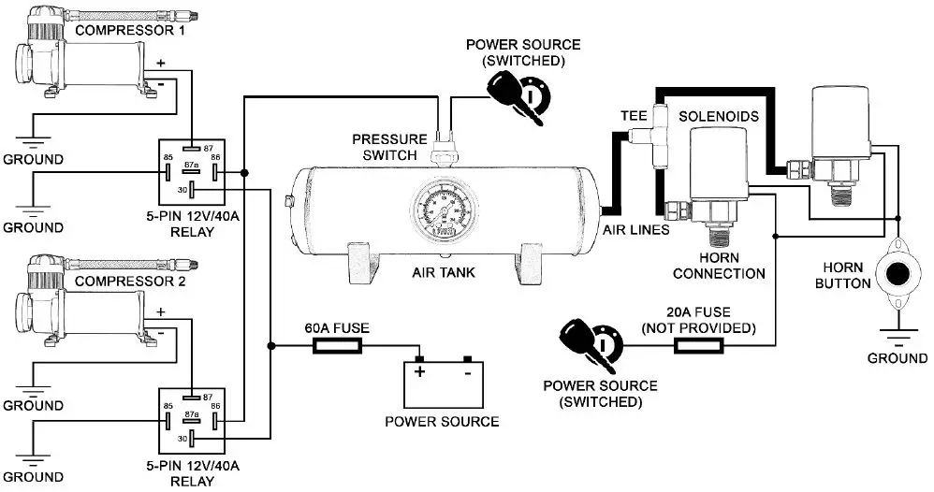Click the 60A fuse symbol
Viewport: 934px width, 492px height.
coord(336,346)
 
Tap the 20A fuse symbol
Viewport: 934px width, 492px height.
coord(700,345)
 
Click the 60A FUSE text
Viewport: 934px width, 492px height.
coord(337,328)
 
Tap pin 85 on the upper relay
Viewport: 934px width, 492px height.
coord(167,172)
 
